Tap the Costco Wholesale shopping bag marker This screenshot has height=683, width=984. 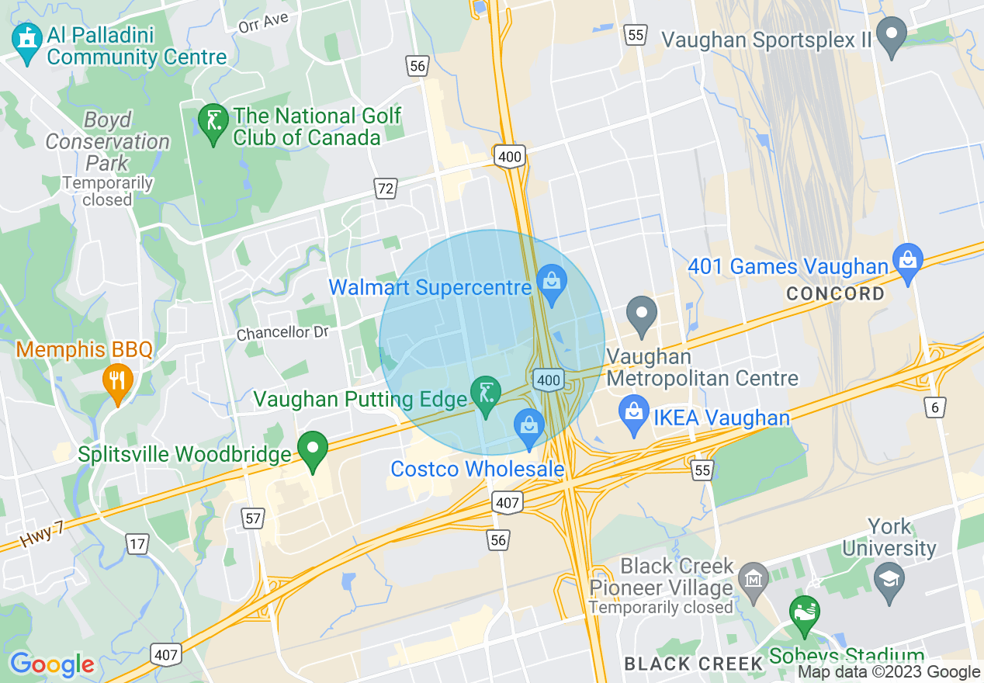pos(529,425)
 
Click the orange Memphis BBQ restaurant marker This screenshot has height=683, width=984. pos(117,380)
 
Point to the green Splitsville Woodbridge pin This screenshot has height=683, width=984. pos(314,449)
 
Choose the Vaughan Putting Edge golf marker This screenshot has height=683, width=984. pos(487,394)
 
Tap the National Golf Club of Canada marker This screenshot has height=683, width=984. pos(213,122)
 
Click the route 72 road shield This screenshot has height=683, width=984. pos(386,188)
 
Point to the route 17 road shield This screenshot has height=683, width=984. pos(137,543)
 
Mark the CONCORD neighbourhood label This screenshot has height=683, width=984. pos(835,294)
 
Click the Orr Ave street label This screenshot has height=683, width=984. pos(263,23)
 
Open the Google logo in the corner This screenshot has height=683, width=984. pos(52,665)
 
